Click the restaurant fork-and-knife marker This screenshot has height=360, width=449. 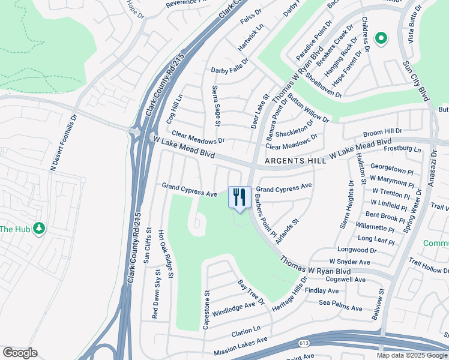[x=240, y=196]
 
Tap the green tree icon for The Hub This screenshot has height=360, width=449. [x=40, y=229]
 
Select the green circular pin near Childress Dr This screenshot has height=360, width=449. [x=381, y=39]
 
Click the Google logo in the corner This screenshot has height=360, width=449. [x=20, y=353]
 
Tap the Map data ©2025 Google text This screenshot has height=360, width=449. [x=412, y=355]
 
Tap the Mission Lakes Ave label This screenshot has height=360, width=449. [x=236, y=345]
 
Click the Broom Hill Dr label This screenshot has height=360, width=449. [x=382, y=131]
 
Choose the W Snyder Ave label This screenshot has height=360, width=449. [x=350, y=262]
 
